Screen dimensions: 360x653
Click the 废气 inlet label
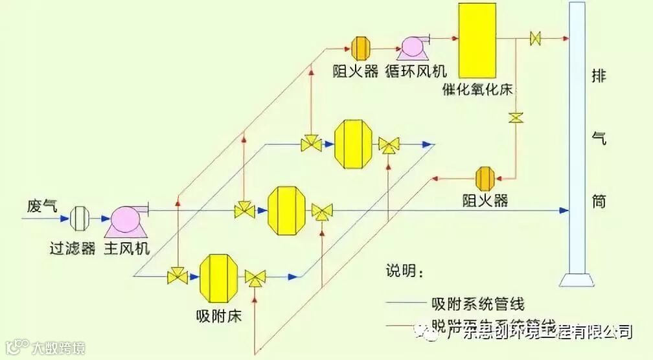pos(42,207)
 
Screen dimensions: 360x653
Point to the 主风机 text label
pos(126,249)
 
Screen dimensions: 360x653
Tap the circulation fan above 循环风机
pos(411,47)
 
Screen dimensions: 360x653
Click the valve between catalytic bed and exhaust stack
pos(536,38)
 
